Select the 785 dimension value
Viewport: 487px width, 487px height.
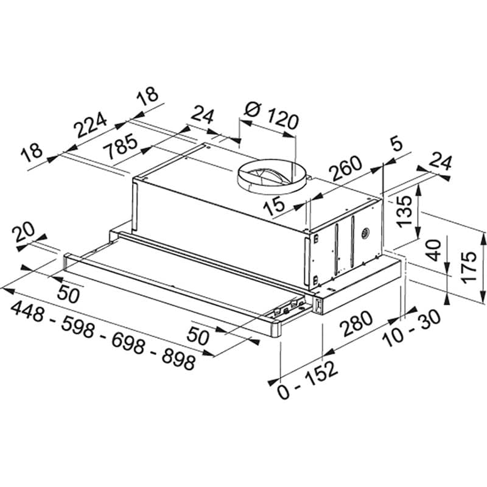(x=120, y=146)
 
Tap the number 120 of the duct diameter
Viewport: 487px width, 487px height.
(x=282, y=119)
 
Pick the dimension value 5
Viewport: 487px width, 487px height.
(x=396, y=144)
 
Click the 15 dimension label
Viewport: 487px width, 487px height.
(x=273, y=206)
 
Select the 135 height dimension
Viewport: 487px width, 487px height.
(x=405, y=211)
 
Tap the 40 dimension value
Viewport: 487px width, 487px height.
(x=434, y=250)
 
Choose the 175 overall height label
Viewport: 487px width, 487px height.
(x=468, y=267)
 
